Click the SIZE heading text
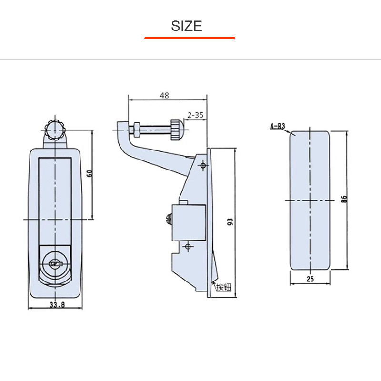(187, 26)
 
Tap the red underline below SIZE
(190, 38)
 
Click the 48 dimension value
(164, 95)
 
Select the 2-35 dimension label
(196, 115)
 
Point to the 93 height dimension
(230, 222)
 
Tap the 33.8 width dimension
(56, 305)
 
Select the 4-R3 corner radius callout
(277, 126)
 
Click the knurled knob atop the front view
(55, 128)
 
